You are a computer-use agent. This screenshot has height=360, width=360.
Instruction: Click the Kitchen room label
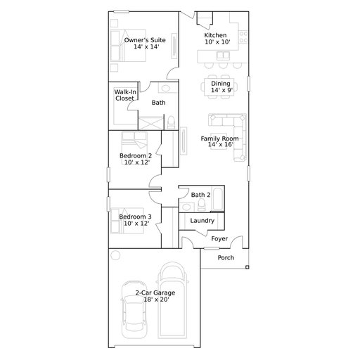[215, 35]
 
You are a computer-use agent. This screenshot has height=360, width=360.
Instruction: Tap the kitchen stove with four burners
[243, 37]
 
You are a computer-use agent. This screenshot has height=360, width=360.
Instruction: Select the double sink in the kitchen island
[223, 56]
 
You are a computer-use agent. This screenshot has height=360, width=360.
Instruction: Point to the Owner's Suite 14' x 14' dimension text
[146, 46]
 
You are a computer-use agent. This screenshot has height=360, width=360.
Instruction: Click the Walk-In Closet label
[125, 95]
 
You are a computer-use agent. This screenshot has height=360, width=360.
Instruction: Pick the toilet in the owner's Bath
[171, 122]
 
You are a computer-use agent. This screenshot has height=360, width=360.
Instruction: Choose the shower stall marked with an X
[151, 123]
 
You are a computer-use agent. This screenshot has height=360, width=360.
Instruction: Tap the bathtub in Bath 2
[218, 198]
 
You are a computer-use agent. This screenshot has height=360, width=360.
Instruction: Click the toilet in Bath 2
[201, 205]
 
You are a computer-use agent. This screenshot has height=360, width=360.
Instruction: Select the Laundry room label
[202, 221]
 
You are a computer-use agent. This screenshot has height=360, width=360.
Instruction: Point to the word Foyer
[219, 238]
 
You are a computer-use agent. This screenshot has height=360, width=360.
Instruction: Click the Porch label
[226, 257]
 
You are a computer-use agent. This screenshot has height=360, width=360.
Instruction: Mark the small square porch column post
[247, 267]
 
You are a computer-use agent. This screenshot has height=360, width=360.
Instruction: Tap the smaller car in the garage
[134, 309]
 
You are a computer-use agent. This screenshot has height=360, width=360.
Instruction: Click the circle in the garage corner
[115, 255]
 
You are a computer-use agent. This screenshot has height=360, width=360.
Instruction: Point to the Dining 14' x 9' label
[221, 86]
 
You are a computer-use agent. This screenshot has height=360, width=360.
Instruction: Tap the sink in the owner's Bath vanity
[166, 88]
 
